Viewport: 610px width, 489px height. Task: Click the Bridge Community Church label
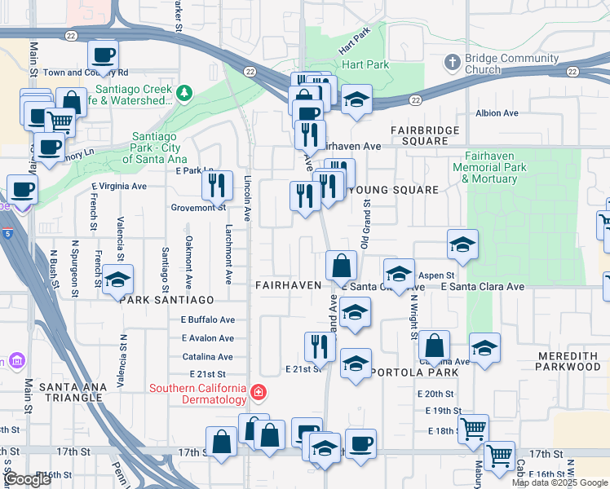click(x=506, y=64)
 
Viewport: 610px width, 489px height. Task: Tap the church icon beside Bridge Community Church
click(x=453, y=62)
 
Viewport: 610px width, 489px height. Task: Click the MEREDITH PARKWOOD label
click(x=568, y=362)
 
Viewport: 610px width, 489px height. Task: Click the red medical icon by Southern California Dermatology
click(x=259, y=394)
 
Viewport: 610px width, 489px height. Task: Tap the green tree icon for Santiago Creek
click(x=185, y=93)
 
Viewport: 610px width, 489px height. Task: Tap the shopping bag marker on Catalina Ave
click(x=435, y=346)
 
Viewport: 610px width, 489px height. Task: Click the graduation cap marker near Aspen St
click(x=462, y=244)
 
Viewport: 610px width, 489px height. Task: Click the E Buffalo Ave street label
click(x=208, y=319)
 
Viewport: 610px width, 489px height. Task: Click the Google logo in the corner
click(x=28, y=479)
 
